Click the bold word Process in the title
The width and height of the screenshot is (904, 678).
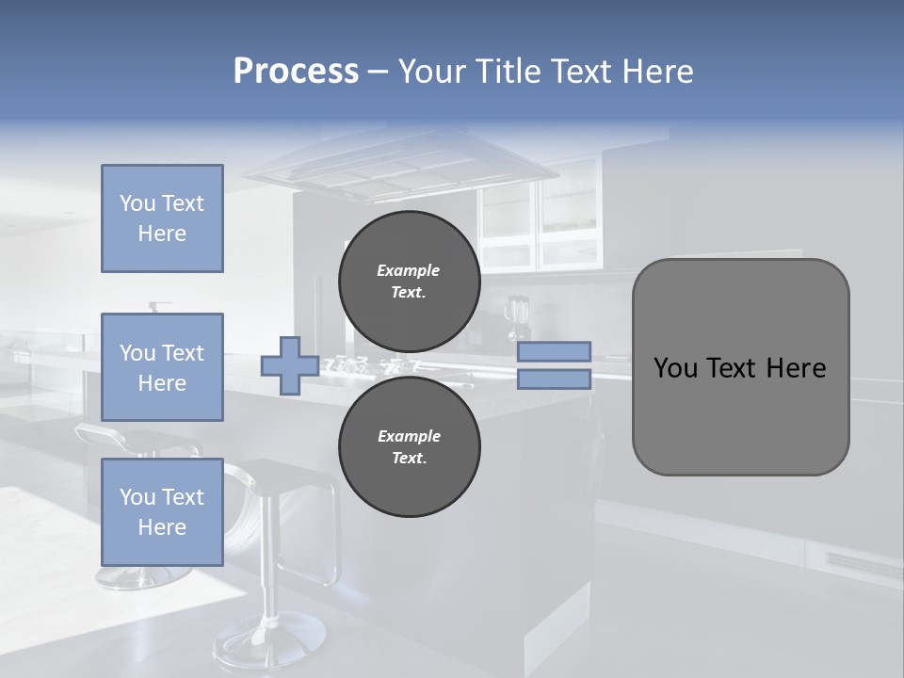[296, 72]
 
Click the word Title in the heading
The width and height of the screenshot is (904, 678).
[509, 72]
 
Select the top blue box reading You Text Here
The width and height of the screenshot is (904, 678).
[162, 218]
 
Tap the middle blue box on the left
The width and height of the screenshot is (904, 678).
[162, 367]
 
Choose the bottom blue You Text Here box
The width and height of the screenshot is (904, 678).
[162, 511]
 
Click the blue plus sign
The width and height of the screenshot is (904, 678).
[289, 365]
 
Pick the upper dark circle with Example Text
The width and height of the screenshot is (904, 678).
[409, 281]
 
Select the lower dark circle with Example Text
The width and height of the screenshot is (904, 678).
[409, 446]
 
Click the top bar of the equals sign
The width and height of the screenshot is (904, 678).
[554, 351]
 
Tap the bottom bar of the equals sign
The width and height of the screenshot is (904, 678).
[554, 379]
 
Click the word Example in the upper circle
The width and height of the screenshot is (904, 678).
[409, 270]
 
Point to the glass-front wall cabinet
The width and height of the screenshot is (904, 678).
[541, 221]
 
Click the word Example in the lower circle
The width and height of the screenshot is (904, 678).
[409, 436]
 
